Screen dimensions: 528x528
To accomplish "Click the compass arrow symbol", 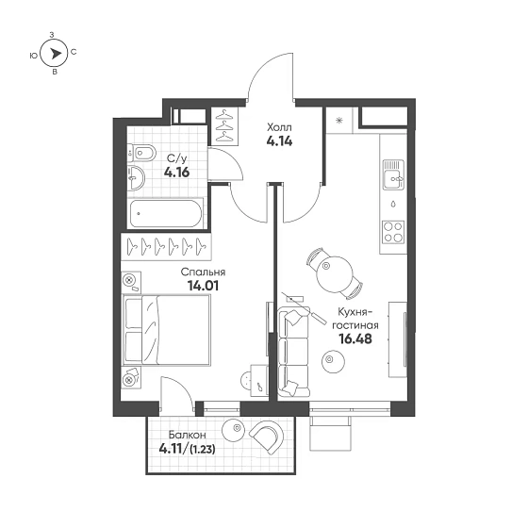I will pyautogui.click(x=55, y=55).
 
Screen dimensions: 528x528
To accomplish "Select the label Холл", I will pyautogui.click(x=280, y=126).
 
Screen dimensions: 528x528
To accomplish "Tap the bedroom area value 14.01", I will pyautogui.click(x=204, y=289).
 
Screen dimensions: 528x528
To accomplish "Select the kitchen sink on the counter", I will pyautogui.click(x=392, y=174).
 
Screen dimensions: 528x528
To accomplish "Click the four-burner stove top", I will pyautogui.click(x=392, y=228).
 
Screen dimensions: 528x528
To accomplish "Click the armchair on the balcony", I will pyautogui.click(x=266, y=436).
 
